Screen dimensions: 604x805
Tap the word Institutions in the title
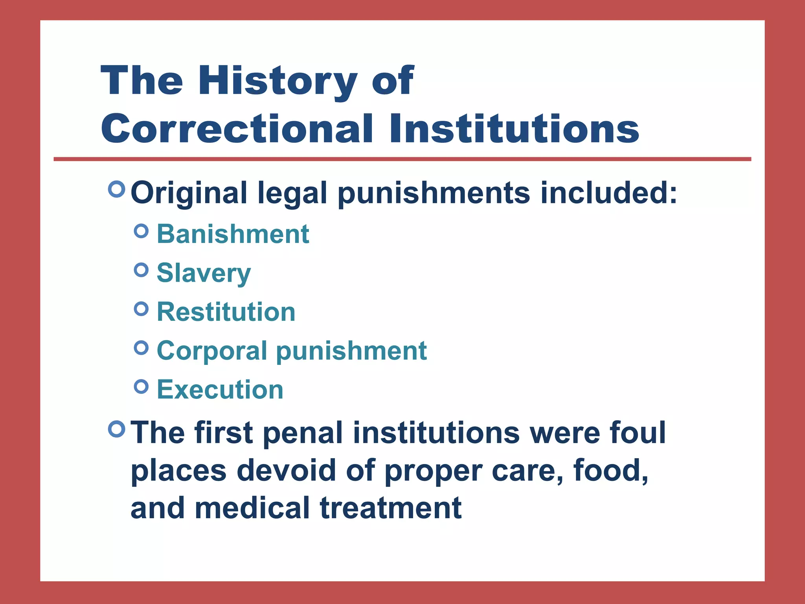coord(514,129)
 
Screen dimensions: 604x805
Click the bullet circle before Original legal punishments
coord(116,189)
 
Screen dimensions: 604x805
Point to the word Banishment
coord(233,234)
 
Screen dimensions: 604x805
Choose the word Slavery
coord(204,273)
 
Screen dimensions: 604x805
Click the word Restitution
coord(226,312)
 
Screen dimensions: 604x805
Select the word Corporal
coord(212,350)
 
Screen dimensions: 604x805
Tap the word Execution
coord(220,389)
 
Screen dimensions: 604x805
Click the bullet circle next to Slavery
coord(141,270)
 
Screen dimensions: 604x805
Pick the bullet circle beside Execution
coord(141,387)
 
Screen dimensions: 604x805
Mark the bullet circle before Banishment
coord(141,231)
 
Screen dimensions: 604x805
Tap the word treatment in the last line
coord(391,508)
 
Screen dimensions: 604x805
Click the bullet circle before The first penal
coord(116,429)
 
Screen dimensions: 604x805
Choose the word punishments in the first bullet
coord(434,193)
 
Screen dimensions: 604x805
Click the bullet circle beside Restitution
coord(141,309)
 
